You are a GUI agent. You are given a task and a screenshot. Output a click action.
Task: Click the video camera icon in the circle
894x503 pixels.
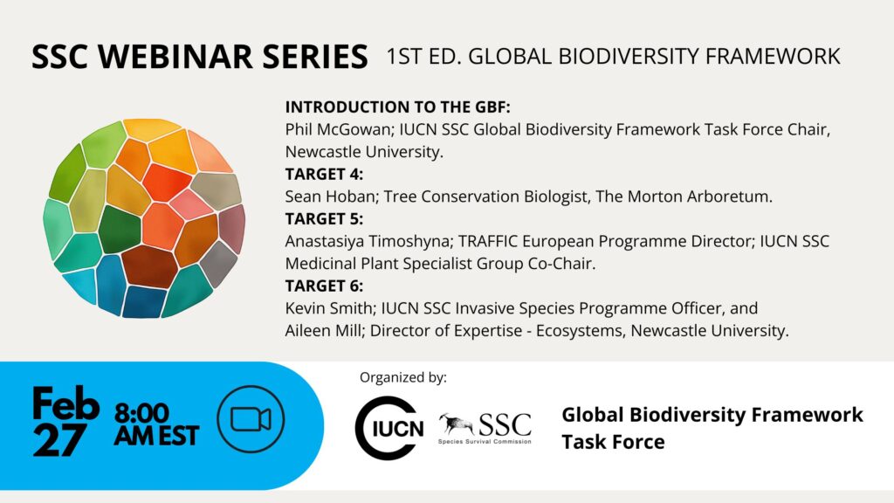coord(251,420)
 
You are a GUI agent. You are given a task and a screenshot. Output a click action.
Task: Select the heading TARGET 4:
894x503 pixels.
coord(324,174)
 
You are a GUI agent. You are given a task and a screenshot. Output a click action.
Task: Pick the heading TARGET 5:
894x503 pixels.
coord(324,219)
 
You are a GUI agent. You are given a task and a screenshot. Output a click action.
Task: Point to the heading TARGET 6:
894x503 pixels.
coord(324,286)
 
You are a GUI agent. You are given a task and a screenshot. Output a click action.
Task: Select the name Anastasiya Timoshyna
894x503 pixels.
coord(368,241)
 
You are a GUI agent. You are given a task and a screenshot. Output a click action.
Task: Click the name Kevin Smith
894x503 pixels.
coord(329,308)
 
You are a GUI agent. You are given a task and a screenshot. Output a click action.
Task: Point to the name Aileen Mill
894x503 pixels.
coord(323,330)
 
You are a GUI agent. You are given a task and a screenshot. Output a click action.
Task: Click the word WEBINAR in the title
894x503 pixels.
coord(175,57)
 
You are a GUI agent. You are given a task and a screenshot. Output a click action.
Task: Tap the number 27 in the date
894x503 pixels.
coord(58,439)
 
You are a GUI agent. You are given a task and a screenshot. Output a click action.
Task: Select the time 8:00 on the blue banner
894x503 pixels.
coord(142,413)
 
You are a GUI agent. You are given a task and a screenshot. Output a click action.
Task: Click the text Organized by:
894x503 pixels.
coord(403,377)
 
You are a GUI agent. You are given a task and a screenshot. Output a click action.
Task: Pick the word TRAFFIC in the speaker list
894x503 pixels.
coord(488,241)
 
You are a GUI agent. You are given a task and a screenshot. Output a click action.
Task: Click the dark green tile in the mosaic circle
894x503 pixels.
coord(120,230)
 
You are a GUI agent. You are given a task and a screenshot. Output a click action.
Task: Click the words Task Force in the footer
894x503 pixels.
coord(613,442)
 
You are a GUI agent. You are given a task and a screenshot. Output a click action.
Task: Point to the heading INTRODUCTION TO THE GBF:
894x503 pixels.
coord(398,107)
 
